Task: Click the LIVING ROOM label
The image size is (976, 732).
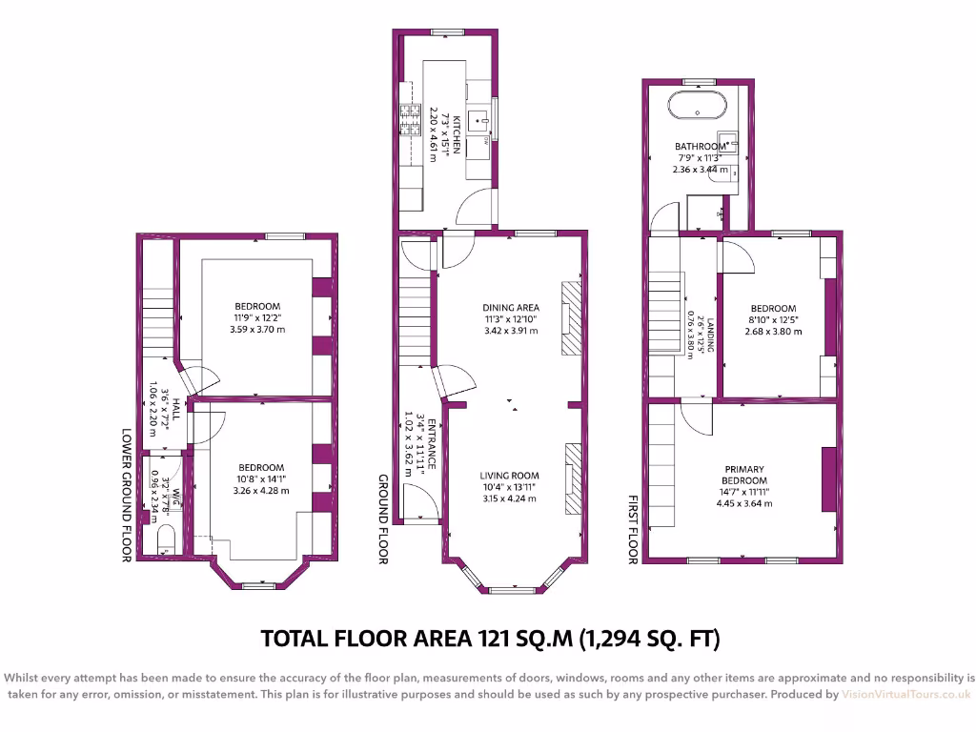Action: pyautogui.click(x=511, y=476)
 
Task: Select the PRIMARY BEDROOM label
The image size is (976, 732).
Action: pyautogui.click(x=745, y=475)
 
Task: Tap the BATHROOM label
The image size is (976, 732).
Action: pyautogui.click(x=701, y=146)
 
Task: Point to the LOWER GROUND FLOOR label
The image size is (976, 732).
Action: pyautogui.click(x=126, y=494)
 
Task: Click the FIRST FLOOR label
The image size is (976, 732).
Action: pyautogui.click(x=632, y=529)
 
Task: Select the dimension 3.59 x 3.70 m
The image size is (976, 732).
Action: pyautogui.click(x=257, y=329)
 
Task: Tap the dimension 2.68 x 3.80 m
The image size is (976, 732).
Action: pyautogui.click(x=773, y=332)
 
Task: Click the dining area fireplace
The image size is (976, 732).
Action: pyautogui.click(x=569, y=317)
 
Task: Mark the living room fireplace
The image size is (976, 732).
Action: pyautogui.click(x=573, y=478)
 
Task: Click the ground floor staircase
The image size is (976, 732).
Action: pyautogui.click(x=417, y=315)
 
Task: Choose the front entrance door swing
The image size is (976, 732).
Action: pyautogui.click(x=420, y=501)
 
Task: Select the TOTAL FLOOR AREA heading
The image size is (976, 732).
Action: pyautogui.click(x=490, y=638)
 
